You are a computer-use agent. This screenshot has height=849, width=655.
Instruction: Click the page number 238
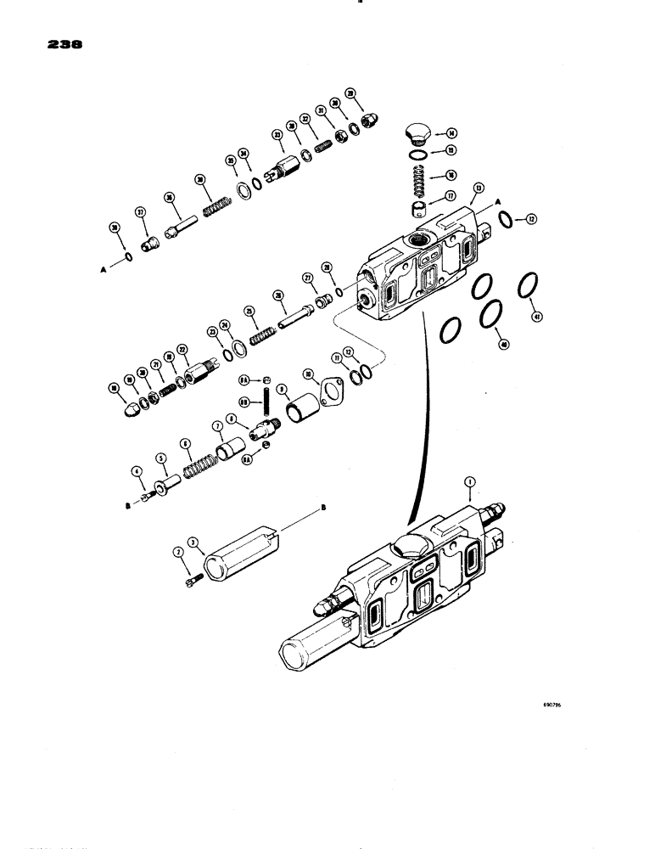[53, 48]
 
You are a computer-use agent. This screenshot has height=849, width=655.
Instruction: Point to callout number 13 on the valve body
[479, 188]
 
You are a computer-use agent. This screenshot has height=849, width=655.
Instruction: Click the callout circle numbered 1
[467, 481]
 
